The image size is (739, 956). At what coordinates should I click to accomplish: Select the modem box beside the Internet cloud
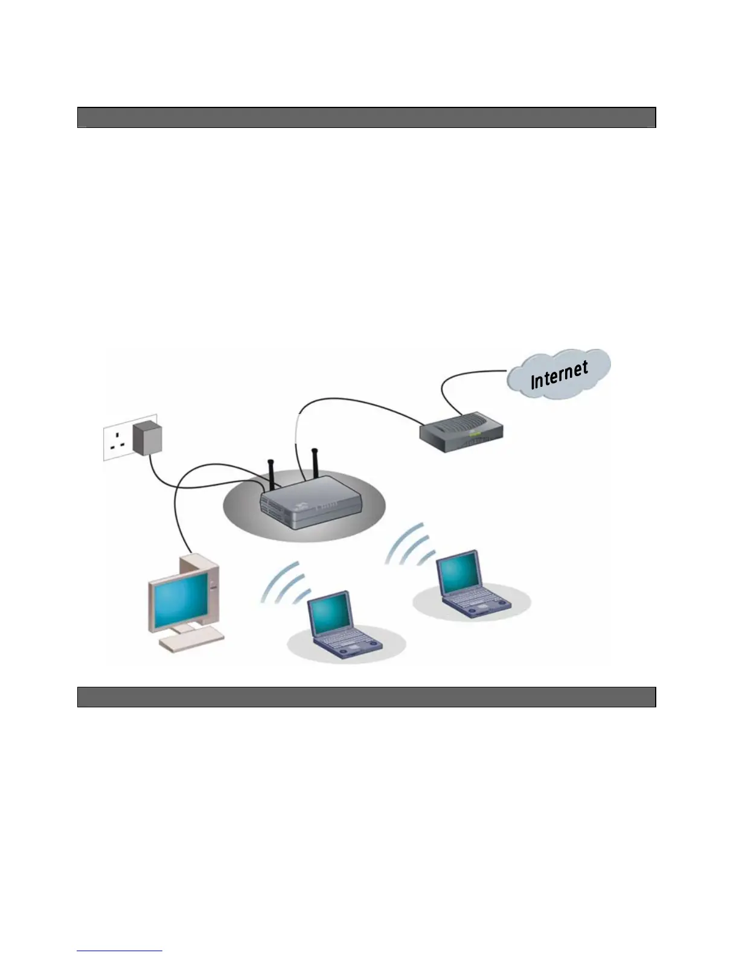(461, 432)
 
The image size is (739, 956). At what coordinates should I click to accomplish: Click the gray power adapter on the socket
(147, 437)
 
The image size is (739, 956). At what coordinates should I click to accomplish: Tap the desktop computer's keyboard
(192, 639)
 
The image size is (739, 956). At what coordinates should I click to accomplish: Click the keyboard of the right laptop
(477, 601)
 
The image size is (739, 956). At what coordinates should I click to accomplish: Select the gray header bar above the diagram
(366, 118)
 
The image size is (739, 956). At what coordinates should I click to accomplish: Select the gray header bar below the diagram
(366, 697)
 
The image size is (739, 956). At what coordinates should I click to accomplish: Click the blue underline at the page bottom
(120, 951)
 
